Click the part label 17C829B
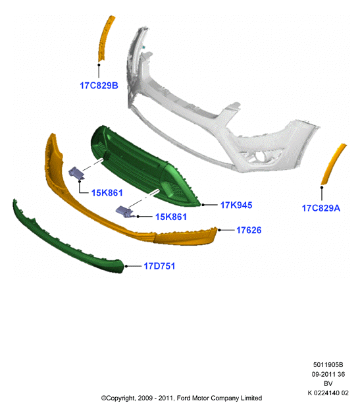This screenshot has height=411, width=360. [x=99, y=86]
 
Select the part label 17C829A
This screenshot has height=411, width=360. [x=321, y=208]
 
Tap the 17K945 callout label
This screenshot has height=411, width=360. [x=236, y=205]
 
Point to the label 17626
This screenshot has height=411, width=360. [x=249, y=230]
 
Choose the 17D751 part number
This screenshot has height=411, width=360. [x=159, y=266]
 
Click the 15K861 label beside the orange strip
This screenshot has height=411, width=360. [x=107, y=193]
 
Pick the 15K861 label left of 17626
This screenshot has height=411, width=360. [x=171, y=217]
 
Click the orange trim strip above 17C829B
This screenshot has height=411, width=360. [x=105, y=38]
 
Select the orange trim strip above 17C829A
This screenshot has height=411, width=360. [x=333, y=164]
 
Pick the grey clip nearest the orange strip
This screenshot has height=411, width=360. [x=76, y=173]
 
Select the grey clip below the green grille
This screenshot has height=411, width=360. [x=125, y=211]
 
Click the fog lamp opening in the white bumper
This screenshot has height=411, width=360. [x=262, y=157]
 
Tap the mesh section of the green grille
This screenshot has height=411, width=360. [x=176, y=191]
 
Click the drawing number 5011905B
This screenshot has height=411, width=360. [x=328, y=365]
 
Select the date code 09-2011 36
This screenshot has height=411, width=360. [x=328, y=374]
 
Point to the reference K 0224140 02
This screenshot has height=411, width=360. [x=328, y=393]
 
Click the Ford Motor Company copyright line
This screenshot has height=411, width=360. [x=182, y=398]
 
